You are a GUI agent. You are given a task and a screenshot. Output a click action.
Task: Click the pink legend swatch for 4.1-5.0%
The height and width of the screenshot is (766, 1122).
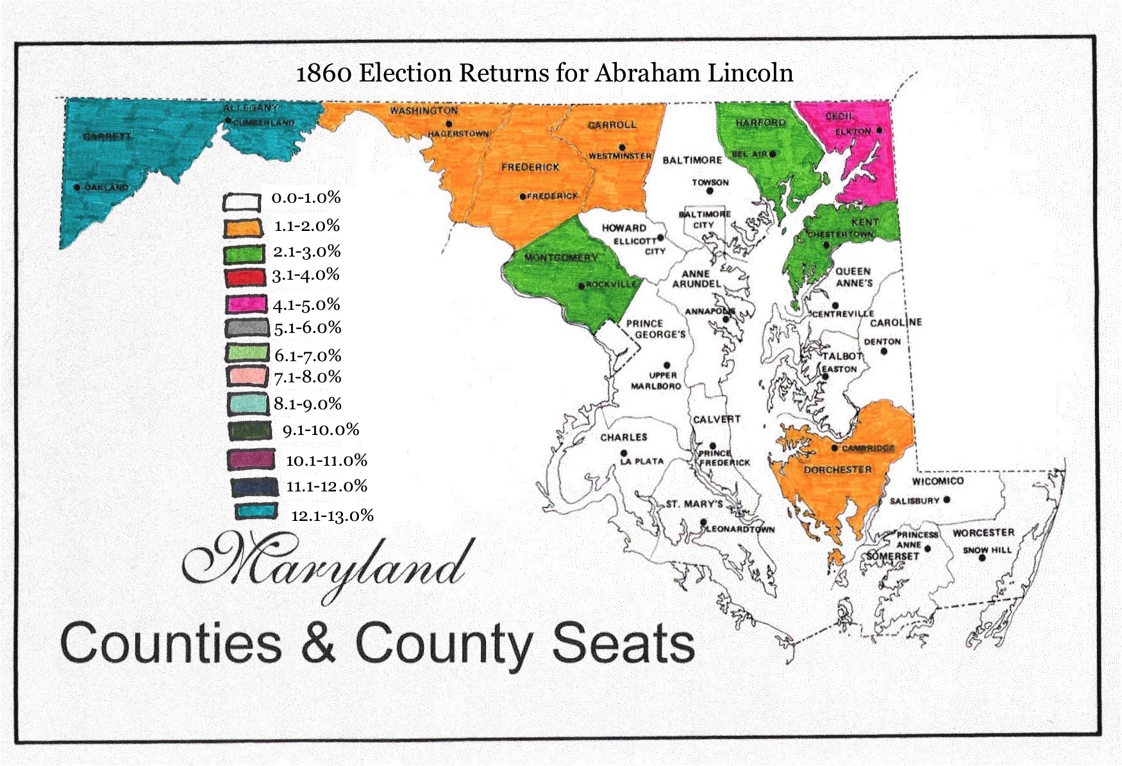click(x=246, y=304)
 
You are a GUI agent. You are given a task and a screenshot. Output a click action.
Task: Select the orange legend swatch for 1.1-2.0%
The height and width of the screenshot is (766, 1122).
click(x=244, y=227)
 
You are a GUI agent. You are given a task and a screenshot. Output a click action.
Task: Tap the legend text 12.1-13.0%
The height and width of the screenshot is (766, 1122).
click(x=332, y=515)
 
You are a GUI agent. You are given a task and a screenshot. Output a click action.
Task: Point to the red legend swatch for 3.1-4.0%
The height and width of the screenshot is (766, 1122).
click(x=245, y=277)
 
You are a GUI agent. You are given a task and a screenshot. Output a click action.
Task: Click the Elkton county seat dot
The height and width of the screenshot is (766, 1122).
click(x=880, y=130)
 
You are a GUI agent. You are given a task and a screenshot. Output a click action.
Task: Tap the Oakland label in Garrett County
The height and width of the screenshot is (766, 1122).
click(x=106, y=187)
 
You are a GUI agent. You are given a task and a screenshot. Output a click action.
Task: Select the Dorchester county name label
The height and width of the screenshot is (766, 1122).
click(x=837, y=470)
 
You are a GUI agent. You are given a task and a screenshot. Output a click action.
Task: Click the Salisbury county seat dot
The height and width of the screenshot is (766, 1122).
click(x=947, y=499)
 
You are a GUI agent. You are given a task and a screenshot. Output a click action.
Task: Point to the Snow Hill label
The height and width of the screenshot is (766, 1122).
click(x=987, y=550)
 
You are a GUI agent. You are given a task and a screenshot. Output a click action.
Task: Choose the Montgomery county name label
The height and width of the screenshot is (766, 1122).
click(x=561, y=257)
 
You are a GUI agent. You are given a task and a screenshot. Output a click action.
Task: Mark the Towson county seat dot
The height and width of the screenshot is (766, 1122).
click(x=710, y=191)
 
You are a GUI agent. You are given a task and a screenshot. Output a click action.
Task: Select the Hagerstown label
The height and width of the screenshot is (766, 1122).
click(x=459, y=133)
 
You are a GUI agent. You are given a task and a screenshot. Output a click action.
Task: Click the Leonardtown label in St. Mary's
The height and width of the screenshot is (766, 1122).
click(x=740, y=529)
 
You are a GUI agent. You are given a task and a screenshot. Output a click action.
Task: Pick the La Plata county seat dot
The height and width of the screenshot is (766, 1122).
click(x=624, y=453)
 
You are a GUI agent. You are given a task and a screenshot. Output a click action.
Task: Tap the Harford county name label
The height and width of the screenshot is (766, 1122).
click(x=760, y=122)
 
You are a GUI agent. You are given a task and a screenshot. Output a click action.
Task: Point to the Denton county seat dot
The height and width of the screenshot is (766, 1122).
click(x=883, y=351)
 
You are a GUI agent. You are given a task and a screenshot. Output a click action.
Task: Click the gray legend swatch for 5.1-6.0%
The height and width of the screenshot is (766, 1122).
click(x=247, y=328)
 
